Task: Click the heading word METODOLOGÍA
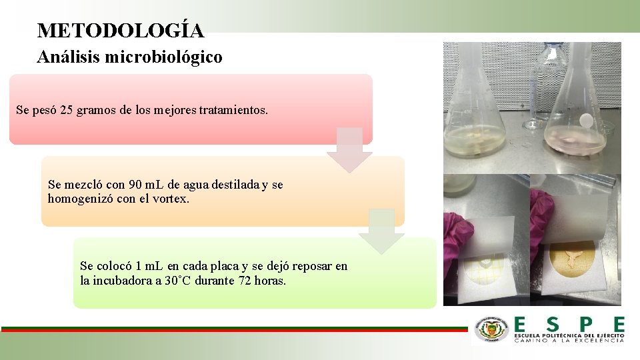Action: tap(121, 31)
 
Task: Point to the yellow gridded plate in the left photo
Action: tap(485, 270)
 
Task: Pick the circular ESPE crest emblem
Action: tap(491, 329)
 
